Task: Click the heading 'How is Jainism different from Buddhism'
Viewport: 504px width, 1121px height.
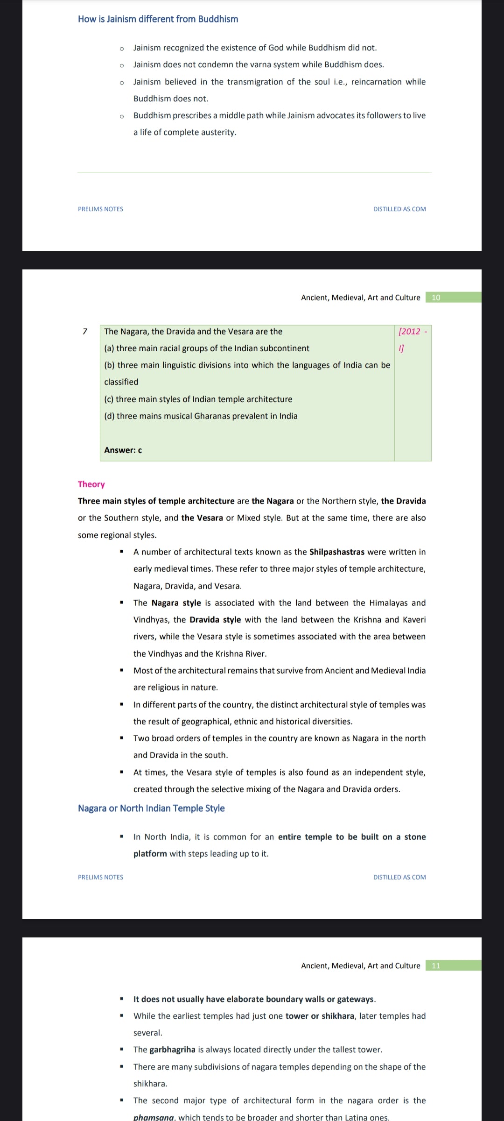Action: [x=158, y=19]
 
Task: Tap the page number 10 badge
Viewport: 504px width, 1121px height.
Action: [x=436, y=298]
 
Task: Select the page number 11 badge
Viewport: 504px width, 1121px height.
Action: [x=436, y=965]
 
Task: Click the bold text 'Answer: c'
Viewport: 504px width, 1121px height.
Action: [x=123, y=450]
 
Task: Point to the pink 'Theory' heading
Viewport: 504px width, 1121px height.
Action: [x=91, y=484]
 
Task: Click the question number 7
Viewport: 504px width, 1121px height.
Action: [x=85, y=332]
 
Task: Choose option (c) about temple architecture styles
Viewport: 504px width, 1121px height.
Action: [x=198, y=399]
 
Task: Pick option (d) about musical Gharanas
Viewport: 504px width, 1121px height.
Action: [x=201, y=416]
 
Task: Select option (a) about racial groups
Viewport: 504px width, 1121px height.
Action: [x=206, y=348]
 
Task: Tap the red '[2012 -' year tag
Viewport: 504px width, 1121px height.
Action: [x=412, y=332]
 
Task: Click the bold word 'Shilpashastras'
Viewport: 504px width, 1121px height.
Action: [x=336, y=552]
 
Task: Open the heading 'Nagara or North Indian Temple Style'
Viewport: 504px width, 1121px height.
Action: [x=151, y=809]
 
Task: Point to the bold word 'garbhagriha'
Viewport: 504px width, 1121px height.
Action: [x=172, y=1050]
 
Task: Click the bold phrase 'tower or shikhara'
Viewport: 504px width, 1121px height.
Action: [x=320, y=1016]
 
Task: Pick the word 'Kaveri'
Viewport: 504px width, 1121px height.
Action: [x=413, y=620]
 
